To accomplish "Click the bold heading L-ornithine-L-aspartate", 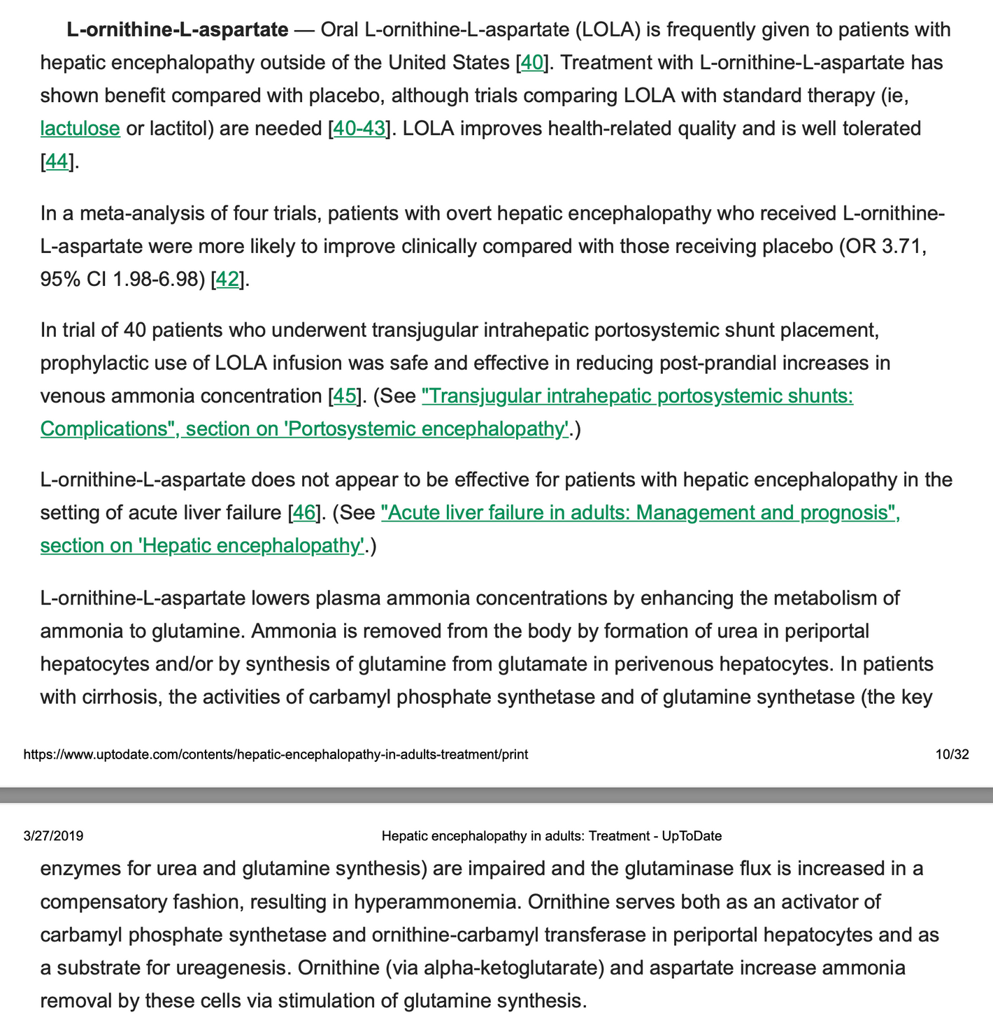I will pos(178,30).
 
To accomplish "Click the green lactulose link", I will pos(80,129).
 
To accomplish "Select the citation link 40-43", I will pos(359,129).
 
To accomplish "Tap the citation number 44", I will pos(57,161).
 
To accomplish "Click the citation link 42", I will pos(227,279).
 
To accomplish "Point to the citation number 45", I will pos(344,396).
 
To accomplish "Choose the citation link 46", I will pos(303,512).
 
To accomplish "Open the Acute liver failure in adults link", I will pos(640,512).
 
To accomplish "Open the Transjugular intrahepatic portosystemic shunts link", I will pos(637,396).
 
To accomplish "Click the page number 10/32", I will pos(952,754).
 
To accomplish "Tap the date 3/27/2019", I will pos(53,835).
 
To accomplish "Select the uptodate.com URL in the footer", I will pos(276,754).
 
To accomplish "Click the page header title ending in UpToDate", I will pos(552,835).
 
